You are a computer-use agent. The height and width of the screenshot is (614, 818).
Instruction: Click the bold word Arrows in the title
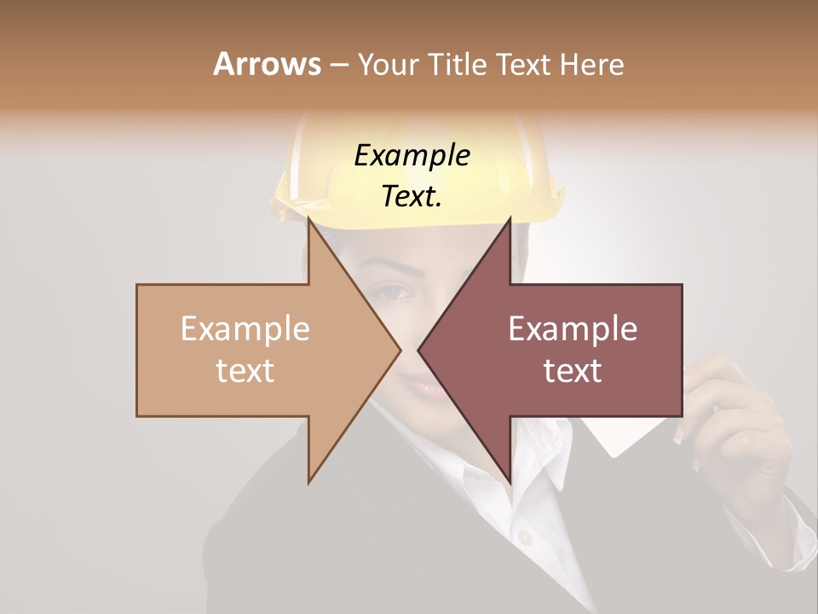coord(267,64)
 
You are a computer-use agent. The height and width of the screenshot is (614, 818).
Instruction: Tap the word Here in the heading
coord(591,64)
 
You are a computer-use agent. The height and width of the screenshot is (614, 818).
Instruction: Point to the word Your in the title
coord(388,64)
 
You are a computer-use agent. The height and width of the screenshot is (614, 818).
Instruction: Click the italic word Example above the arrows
coord(412,156)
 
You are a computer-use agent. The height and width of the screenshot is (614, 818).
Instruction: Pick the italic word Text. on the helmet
coord(412,197)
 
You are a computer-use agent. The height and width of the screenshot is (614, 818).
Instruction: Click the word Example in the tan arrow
coord(245,329)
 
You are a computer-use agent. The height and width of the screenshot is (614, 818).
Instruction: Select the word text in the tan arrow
coord(245,371)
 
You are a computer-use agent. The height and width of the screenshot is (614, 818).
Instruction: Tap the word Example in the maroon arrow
coord(573,329)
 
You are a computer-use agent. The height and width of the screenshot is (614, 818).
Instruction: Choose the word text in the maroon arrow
coord(573,371)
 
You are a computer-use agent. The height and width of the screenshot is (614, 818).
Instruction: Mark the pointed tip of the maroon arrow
coord(419,350)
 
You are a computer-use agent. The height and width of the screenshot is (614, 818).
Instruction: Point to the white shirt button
coord(526,538)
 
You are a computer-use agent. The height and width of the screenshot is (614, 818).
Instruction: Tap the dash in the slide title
coord(338,65)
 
